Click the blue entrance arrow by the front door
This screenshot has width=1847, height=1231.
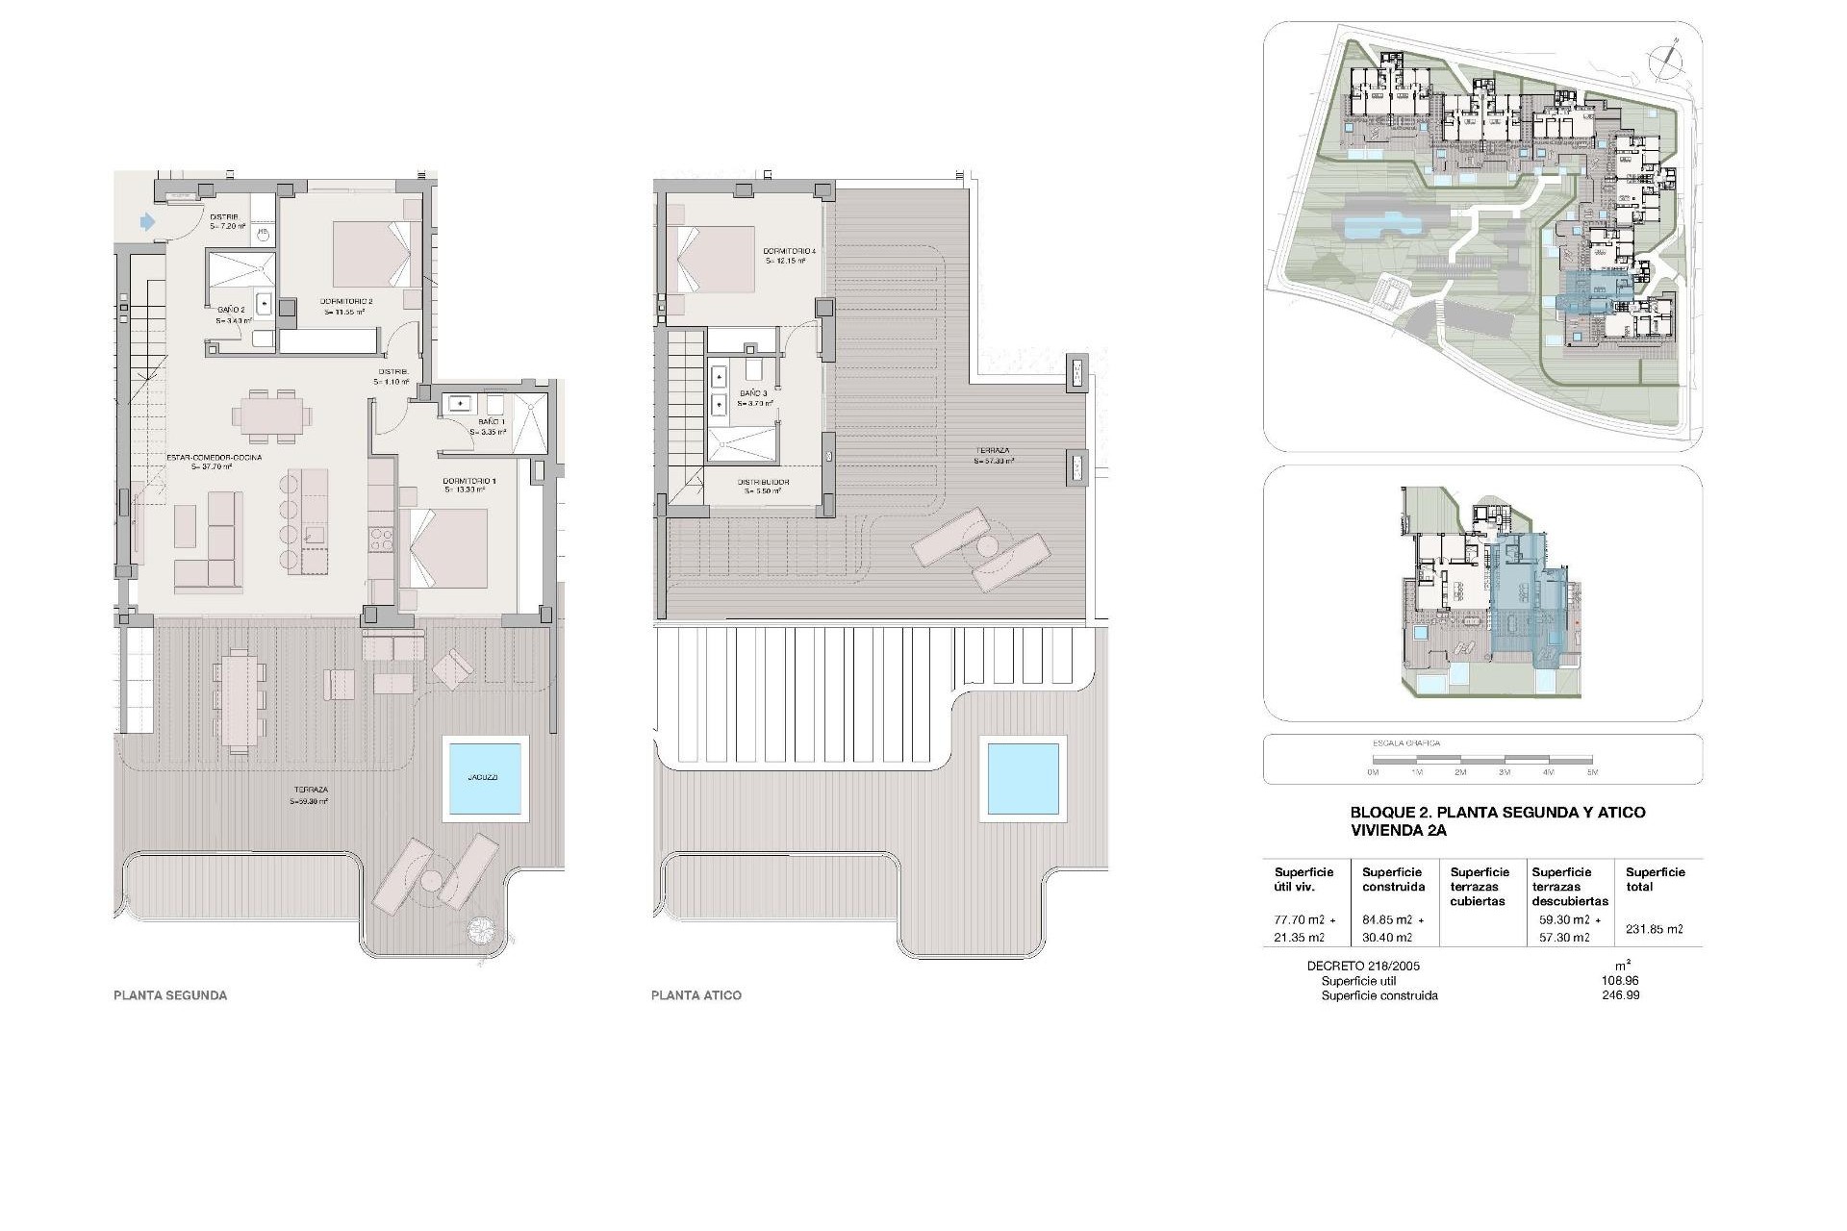[147, 222]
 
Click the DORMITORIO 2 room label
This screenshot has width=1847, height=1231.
[345, 301]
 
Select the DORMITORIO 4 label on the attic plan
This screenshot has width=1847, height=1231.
[790, 252]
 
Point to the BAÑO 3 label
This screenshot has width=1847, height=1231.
[753, 394]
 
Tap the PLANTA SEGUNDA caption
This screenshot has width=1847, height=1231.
[170, 995]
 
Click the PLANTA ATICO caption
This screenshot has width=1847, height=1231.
[696, 995]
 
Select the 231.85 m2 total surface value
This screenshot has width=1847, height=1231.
[1655, 929]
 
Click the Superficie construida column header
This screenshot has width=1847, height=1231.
[1393, 879]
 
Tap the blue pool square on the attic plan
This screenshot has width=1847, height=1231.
[1024, 777]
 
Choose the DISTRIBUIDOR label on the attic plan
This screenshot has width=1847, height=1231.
[763, 482]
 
